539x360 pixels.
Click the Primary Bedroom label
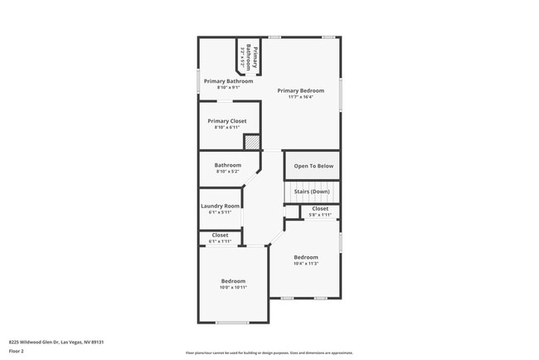(x=300, y=90)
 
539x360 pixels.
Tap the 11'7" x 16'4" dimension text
(x=300, y=97)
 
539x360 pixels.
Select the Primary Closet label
(x=227, y=121)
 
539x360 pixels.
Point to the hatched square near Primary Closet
(x=251, y=141)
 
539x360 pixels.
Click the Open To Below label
(x=313, y=166)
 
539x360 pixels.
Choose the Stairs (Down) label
(x=312, y=192)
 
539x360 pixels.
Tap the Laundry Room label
(x=221, y=206)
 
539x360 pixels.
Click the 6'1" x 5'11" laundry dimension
(x=221, y=212)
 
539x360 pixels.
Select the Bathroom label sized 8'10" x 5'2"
(x=228, y=164)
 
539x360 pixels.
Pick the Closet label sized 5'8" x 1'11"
(x=320, y=208)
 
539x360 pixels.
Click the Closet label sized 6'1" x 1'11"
(x=221, y=235)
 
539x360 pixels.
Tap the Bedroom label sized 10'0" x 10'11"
(x=233, y=281)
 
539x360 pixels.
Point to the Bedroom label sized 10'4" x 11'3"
(x=306, y=257)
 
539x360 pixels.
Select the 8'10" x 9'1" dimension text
(x=228, y=87)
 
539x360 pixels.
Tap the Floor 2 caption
(x=17, y=351)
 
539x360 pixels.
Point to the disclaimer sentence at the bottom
(x=269, y=353)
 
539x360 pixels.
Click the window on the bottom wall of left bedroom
(x=232, y=323)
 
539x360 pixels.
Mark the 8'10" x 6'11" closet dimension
(x=227, y=128)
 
